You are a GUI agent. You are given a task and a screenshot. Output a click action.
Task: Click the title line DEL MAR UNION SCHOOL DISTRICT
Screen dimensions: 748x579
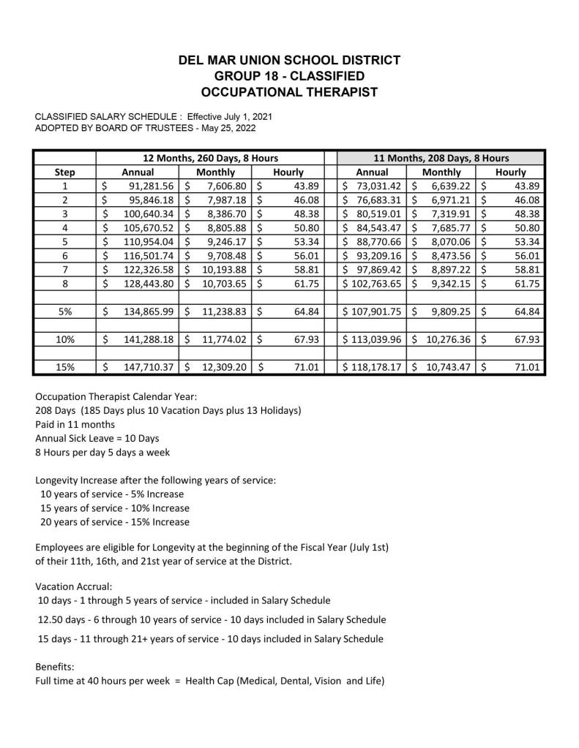point(289,60)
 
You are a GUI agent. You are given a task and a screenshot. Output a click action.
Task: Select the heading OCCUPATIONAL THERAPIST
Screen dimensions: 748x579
point(289,92)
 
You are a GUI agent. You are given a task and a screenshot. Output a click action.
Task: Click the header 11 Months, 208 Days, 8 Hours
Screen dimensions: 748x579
point(441,158)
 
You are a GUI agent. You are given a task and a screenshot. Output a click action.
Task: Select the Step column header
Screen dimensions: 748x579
point(65,172)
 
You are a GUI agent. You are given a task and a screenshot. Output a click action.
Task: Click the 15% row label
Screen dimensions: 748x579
point(65,367)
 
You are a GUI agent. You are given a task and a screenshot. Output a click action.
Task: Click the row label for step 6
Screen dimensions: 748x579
point(65,255)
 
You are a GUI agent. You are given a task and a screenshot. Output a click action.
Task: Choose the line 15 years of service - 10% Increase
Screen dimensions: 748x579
point(115,508)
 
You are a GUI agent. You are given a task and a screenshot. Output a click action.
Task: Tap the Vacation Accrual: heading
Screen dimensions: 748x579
point(74,586)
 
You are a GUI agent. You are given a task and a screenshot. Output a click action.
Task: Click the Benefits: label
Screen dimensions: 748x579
point(54,667)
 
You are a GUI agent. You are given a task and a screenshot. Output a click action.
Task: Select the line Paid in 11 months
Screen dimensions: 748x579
point(75,424)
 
